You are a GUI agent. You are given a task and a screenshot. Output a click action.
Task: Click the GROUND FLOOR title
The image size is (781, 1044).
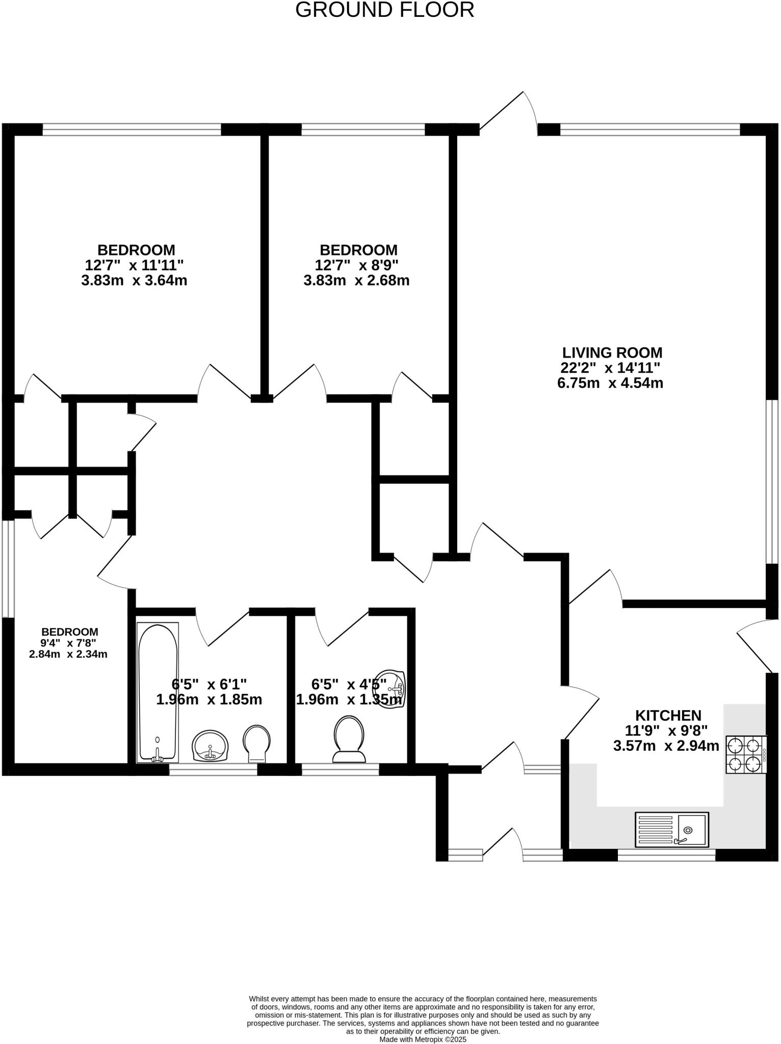385,10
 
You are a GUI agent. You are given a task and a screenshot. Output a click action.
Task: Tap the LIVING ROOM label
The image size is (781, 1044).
612,353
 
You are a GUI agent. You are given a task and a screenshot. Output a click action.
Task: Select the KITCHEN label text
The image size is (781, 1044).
668,715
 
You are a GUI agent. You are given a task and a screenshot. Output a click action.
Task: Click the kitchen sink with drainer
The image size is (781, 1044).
671,829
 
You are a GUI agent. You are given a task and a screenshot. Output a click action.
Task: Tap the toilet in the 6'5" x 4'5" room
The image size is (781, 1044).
349,739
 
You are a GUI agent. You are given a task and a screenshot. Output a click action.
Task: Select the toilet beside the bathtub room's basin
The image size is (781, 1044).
256,744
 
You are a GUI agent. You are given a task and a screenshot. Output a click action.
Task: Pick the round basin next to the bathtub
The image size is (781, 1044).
210,745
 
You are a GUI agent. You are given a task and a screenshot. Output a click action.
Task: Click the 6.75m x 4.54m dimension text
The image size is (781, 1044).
610,383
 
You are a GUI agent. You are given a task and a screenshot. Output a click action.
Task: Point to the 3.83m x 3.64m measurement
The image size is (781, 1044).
134,281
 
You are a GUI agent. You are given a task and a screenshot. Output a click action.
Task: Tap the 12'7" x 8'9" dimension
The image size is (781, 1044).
356,266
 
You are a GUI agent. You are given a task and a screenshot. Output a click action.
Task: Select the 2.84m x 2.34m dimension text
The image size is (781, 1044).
68,654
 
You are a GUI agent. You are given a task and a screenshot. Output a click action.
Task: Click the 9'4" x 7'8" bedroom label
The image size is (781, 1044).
69,643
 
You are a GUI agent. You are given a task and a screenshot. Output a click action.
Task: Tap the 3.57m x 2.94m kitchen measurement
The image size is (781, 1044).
666,746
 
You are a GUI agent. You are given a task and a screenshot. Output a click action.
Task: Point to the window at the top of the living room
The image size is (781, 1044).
650,130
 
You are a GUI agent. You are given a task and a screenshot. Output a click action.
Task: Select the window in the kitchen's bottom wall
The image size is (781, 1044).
666,855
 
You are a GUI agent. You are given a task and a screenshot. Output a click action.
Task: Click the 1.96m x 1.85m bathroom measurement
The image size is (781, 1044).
209,699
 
